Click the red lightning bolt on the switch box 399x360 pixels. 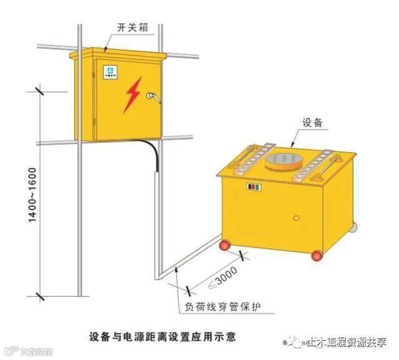click(x=132, y=97)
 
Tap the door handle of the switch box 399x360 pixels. click(x=151, y=96)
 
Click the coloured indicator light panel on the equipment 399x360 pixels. click(x=254, y=187)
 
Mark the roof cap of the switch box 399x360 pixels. click(x=118, y=52)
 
